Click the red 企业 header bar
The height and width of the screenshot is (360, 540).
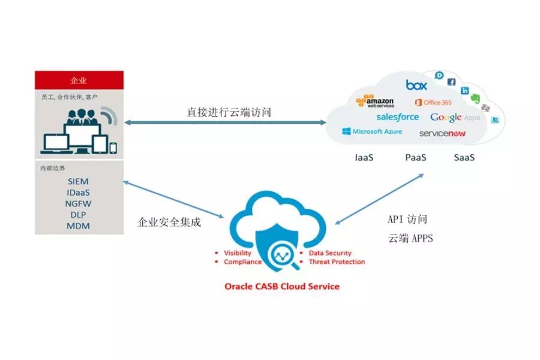79,80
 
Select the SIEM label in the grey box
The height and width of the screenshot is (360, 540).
79,181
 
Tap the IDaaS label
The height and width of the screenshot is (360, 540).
79,192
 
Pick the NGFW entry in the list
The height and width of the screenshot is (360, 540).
79,203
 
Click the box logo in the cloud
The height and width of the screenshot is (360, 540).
416,85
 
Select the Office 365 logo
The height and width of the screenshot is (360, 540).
433,103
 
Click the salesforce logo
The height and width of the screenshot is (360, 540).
397,117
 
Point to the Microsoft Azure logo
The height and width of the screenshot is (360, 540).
372,131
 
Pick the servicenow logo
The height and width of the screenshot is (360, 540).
442,133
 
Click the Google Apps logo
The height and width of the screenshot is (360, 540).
454,118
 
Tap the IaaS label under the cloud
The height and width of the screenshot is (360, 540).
365,158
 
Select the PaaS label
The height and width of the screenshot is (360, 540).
415,158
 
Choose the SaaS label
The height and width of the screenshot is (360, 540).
464,158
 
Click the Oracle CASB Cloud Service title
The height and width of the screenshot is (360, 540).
281,286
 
